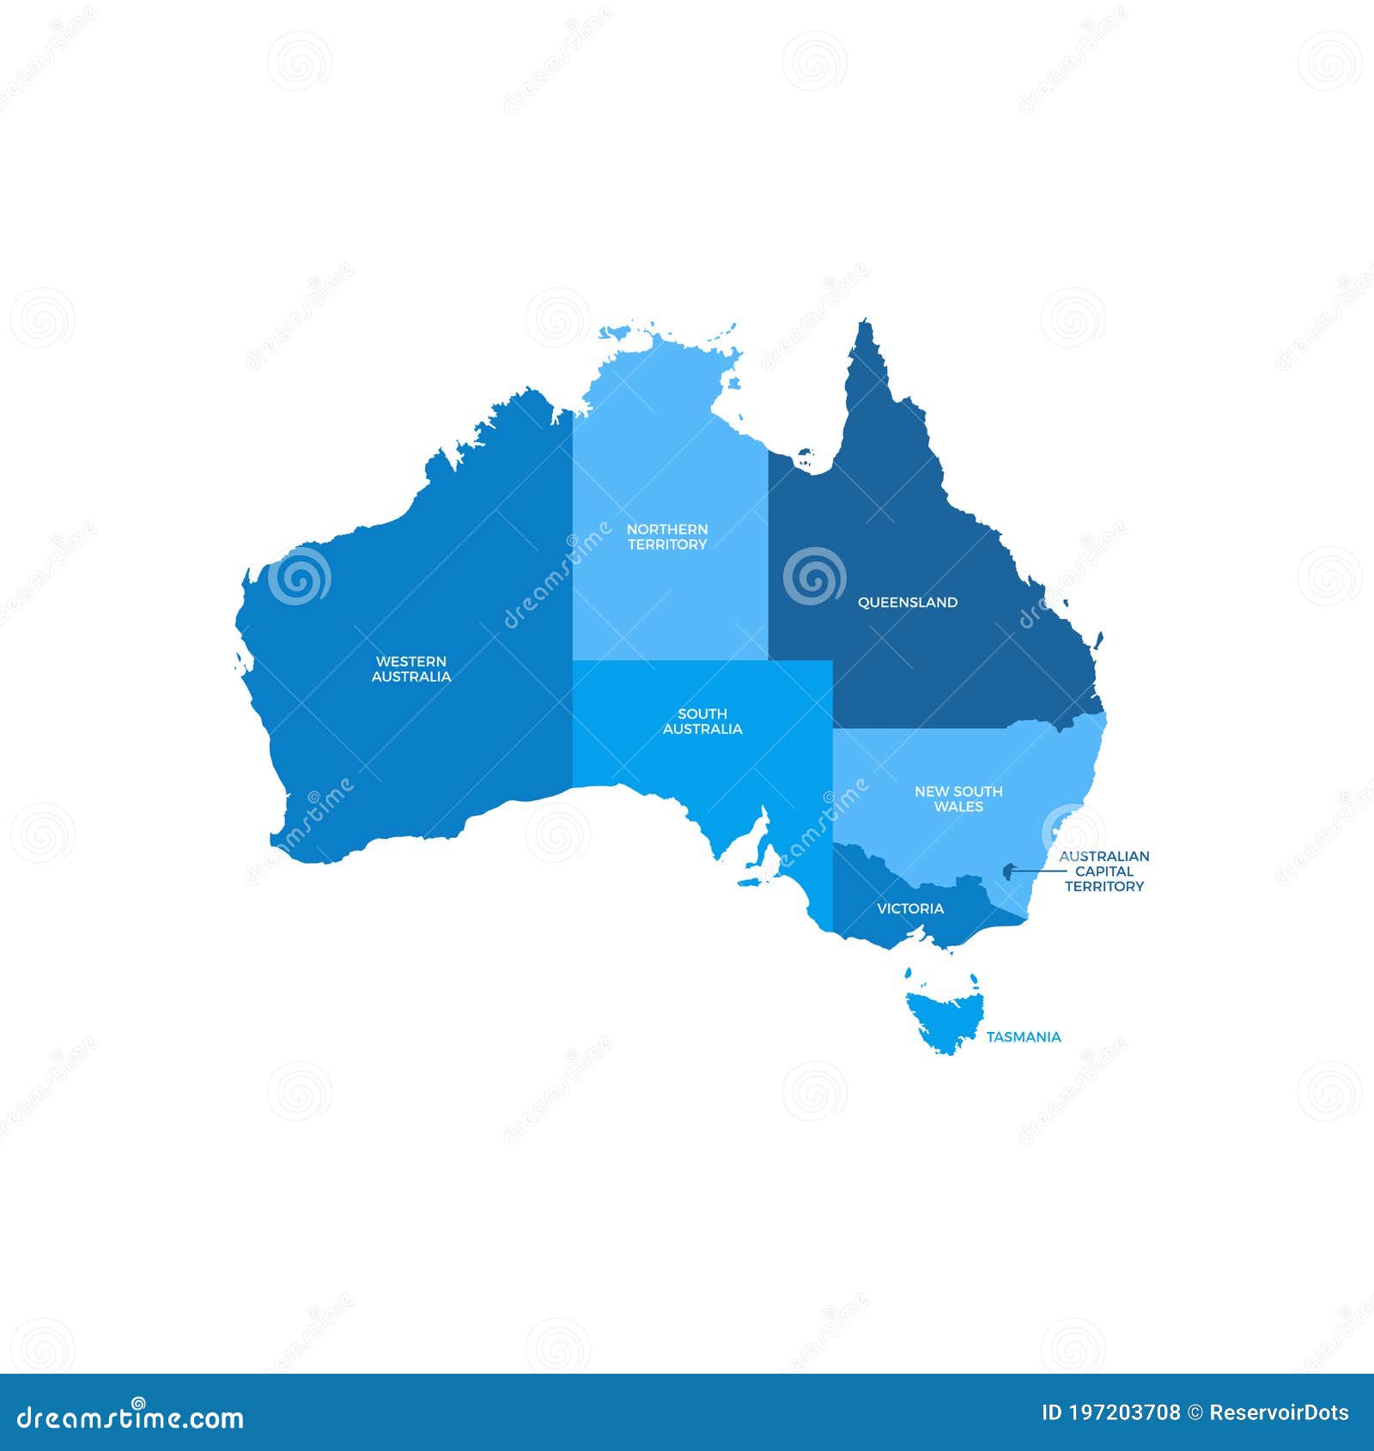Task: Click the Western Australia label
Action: point(410,669)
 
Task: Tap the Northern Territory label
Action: point(667,537)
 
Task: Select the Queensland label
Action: point(908,603)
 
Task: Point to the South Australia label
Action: point(702,721)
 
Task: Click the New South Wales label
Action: point(958,798)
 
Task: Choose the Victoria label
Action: point(910,908)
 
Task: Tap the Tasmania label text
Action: point(1023,1037)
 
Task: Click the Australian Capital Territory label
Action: point(1103,871)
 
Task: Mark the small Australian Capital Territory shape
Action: point(1006,872)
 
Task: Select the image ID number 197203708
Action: point(1122,1413)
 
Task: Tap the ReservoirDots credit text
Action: point(1279,1413)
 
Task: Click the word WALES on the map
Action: point(958,807)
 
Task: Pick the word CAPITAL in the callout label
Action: point(1104,871)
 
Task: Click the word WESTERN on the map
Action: point(410,662)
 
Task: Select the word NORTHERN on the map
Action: point(667,530)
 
